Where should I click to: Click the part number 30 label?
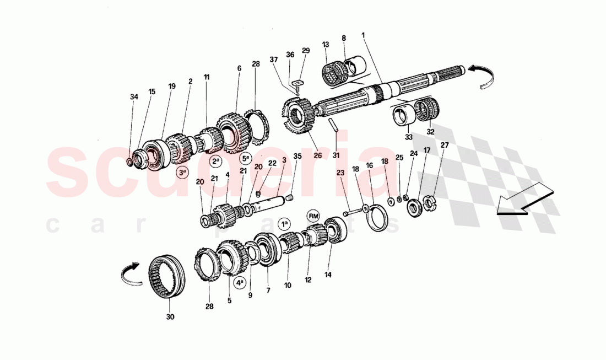(x=170, y=317)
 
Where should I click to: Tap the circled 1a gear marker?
(x=284, y=224)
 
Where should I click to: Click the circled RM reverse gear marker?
(x=314, y=215)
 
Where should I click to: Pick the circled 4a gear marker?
(x=240, y=283)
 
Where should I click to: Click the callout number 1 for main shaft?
(x=363, y=35)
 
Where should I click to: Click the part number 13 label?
(x=326, y=45)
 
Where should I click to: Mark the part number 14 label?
(x=329, y=274)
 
